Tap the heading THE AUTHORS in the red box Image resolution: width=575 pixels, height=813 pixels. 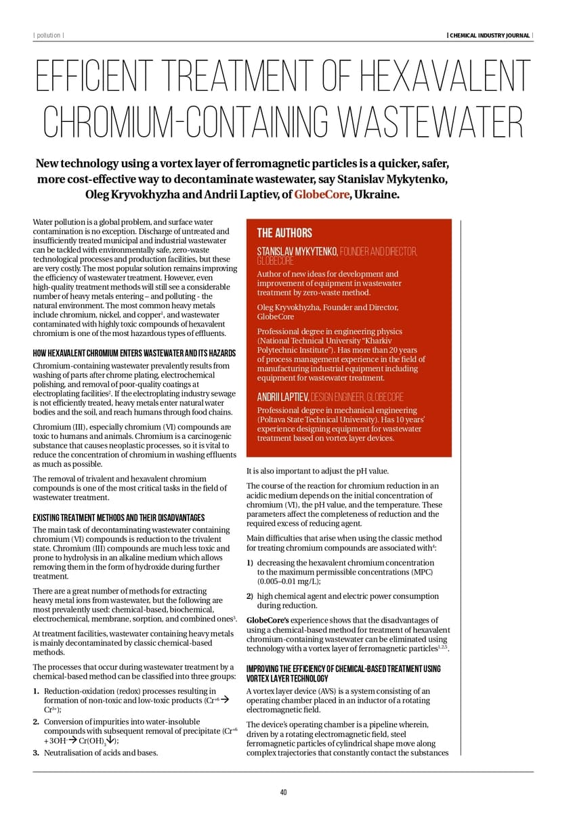click(x=284, y=233)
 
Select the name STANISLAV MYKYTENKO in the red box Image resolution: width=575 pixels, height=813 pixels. click(x=297, y=252)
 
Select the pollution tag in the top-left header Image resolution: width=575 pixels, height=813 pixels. click(x=48, y=36)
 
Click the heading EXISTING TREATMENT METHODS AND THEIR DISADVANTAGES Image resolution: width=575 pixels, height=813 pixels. click(x=119, y=518)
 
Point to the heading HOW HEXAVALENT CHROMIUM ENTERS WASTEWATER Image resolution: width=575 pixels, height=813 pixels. click(x=134, y=354)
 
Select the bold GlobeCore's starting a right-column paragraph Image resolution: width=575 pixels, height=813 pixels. click(x=265, y=620)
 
